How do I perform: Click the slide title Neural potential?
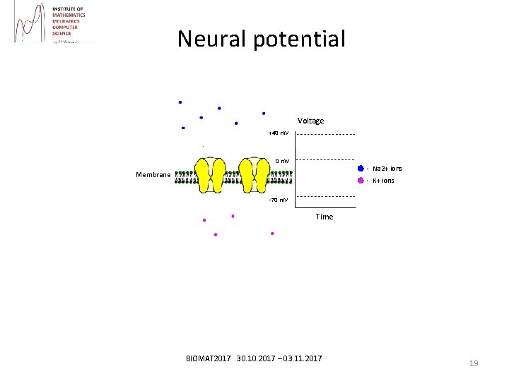tap(262, 38)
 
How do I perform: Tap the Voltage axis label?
tap(311, 121)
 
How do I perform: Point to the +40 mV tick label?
tap(278, 133)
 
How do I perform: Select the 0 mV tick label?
tap(282, 161)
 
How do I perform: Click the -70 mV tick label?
tap(278, 200)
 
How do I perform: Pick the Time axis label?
tap(324, 217)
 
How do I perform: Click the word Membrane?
tap(153, 175)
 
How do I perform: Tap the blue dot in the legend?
tap(361, 169)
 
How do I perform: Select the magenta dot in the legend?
tap(361, 181)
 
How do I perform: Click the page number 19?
tap(474, 363)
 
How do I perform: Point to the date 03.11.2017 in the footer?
tap(301, 359)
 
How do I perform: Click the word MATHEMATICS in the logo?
tap(69, 15)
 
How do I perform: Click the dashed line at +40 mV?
tap(325, 134)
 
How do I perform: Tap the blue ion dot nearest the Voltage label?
tap(264, 113)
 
